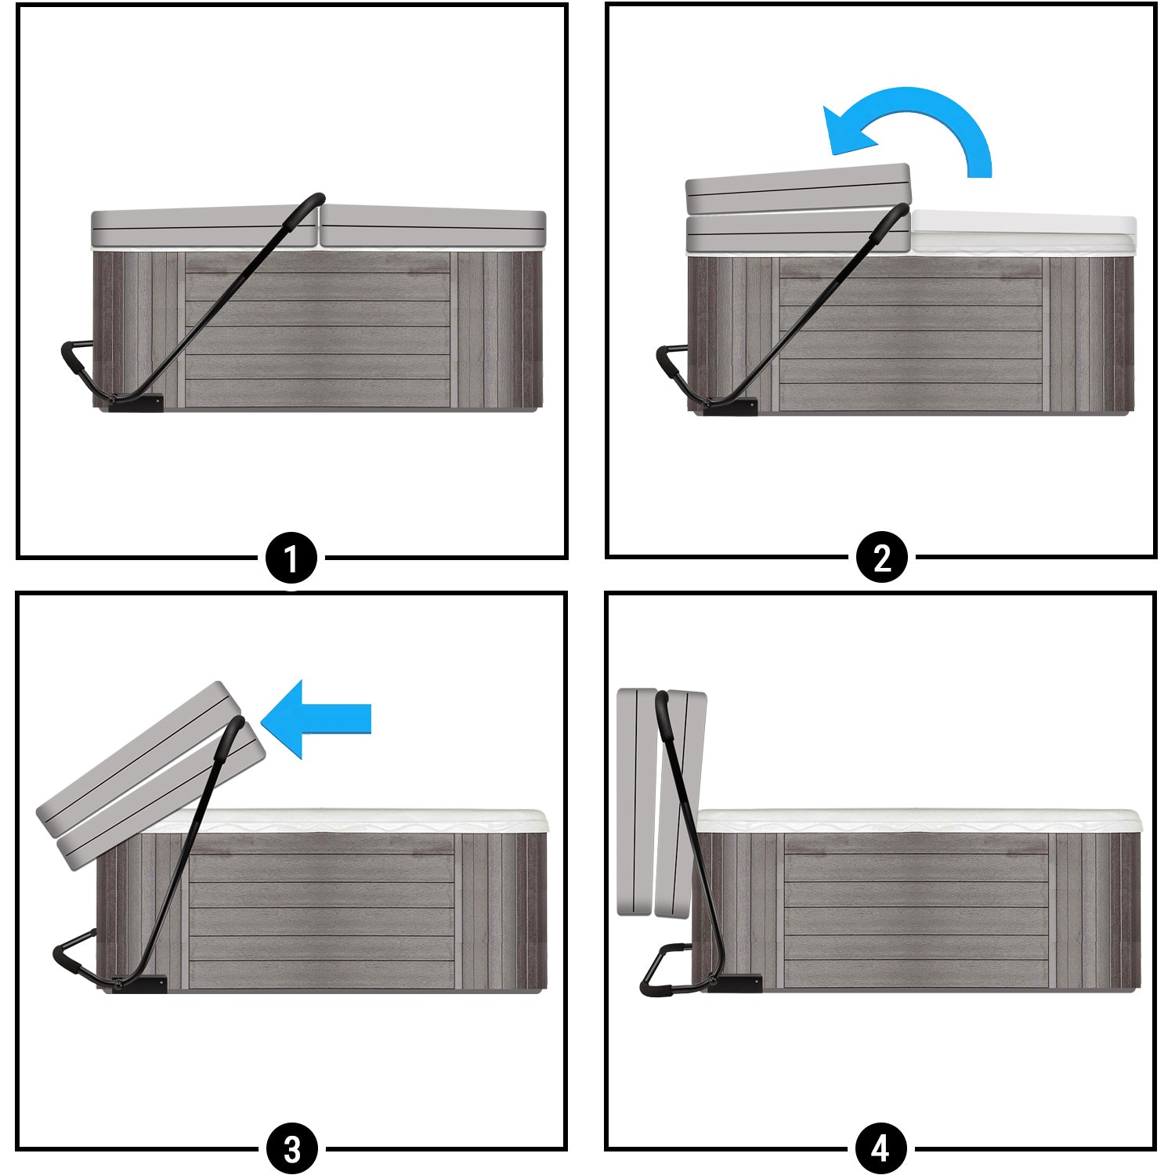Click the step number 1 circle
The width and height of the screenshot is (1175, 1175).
pos(291,559)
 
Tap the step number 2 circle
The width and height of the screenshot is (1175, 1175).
pos(882,558)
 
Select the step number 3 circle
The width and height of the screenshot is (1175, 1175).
pos(292,1149)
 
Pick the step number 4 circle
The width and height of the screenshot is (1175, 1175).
pos(880,1149)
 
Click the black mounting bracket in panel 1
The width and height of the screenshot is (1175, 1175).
pos(137,402)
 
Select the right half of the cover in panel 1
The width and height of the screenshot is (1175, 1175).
pos(433,227)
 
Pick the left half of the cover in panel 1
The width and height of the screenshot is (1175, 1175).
pos(204,228)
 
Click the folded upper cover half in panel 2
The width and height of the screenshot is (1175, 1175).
pos(798,188)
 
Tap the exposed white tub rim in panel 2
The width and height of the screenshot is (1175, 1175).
pos(1023,233)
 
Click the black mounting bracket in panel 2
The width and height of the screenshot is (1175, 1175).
pos(730,406)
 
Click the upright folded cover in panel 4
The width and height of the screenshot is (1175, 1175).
pos(662,803)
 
